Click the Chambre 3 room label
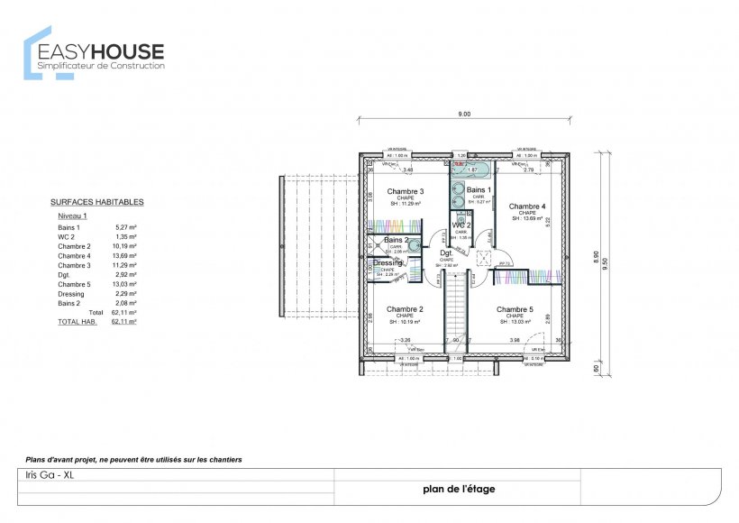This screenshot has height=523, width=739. (406, 191)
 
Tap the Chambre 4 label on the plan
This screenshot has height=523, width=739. (527, 206)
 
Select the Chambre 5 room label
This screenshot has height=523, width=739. (515, 309)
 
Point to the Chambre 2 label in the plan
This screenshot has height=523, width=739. (405, 309)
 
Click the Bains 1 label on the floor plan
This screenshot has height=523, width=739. (479, 190)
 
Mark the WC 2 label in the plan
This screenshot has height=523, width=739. (461, 225)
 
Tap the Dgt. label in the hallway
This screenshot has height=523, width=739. (446, 253)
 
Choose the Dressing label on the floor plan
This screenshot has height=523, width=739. (388, 262)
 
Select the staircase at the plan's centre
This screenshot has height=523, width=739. (457, 307)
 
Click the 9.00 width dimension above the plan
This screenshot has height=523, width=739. (464, 115)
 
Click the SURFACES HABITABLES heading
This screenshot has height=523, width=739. (97, 203)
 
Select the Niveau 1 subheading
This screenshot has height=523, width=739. (72, 217)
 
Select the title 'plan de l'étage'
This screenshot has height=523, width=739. (458, 490)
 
